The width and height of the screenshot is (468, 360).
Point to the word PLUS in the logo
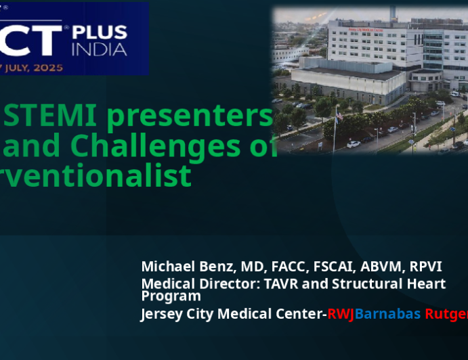(x=100, y=34)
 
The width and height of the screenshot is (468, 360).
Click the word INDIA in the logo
(x=100, y=50)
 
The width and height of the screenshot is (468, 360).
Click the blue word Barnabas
(x=385, y=314)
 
